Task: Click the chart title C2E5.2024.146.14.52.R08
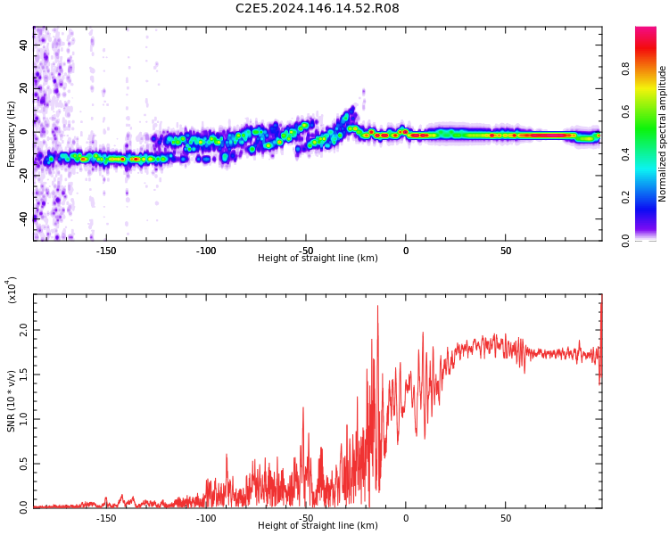pyautogui.click(x=317, y=9)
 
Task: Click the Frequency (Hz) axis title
pyautogui.click(x=12, y=134)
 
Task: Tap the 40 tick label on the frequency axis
pyautogui.click(x=23, y=45)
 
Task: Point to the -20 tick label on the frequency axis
pyautogui.click(x=23, y=174)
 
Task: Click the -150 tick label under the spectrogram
pyautogui.click(x=105, y=251)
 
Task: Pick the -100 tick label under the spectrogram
pyautogui.click(x=205, y=251)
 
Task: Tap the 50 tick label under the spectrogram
pyautogui.click(x=505, y=251)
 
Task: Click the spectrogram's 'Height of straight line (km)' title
pyautogui.click(x=318, y=259)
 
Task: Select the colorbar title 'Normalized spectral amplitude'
pyautogui.click(x=663, y=134)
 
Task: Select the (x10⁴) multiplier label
pyautogui.click(x=12, y=289)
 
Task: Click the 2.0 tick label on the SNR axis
pyautogui.click(x=23, y=331)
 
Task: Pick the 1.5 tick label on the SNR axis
pyautogui.click(x=23, y=374)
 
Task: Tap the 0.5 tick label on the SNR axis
pyautogui.click(x=23, y=464)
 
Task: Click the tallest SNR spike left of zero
pyautogui.click(x=377, y=307)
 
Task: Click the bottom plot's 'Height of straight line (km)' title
pyautogui.click(x=318, y=526)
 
